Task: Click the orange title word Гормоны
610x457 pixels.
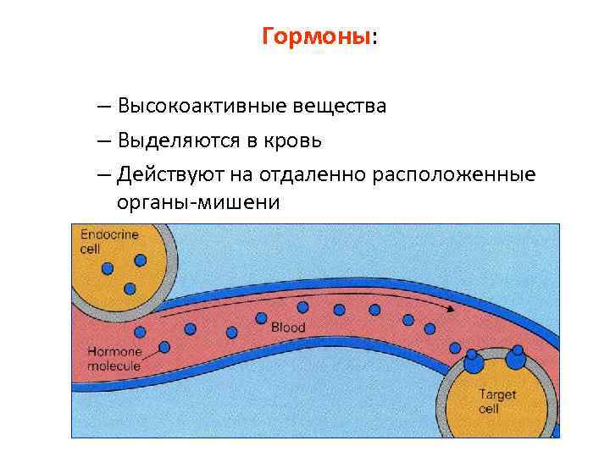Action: pyautogui.click(x=316, y=37)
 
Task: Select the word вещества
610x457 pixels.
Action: pyautogui.click(x=339, y=107)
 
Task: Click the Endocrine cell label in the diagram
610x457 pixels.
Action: pyautogui.click(x=108, y=240)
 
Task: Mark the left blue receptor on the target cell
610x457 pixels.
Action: pyautogui.click(x=473, y=363)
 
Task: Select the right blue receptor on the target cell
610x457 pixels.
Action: pyautogui.click(x=516, y=359)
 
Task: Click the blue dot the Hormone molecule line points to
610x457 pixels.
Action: pyautogui.click(x=164, y=346)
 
